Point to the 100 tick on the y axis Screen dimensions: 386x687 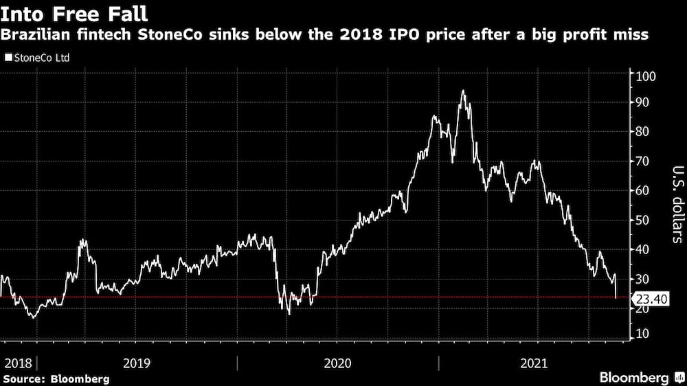coord(646,76)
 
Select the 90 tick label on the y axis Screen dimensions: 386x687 coord(644,102)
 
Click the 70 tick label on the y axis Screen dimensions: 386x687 coord(644,161)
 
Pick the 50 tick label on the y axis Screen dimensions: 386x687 coord(644,220)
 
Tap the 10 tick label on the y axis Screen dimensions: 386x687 coord(644,334)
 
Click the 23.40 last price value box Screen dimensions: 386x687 coord(650,299)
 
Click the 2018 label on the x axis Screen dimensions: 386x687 coord(18,363)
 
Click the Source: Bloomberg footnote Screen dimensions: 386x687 coord(56,378)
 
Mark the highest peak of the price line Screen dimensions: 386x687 coord(464,91)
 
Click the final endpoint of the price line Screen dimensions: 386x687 coord(616,297)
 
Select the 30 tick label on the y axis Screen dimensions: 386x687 coord(644,279)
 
